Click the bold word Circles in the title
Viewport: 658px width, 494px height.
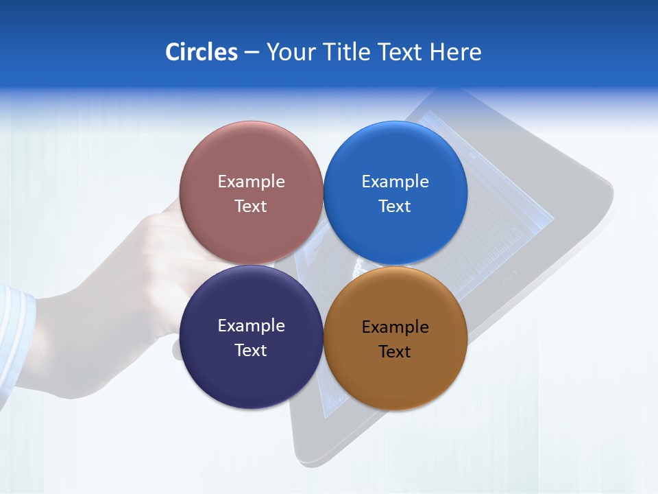(x=201, y=52)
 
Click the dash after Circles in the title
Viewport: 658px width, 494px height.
(x=252, y=53)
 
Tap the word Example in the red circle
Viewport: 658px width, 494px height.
(x=251, y=182)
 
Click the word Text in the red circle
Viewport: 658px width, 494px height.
(x=251, y=207)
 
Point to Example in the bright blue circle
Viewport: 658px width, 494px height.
(x=395, y=182)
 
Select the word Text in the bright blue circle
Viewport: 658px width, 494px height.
(x=395, y=207)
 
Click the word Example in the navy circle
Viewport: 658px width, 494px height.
(x=251, y=326)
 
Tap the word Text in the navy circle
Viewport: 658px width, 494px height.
(x=251, y=351)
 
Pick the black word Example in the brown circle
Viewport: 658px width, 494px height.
(x=395, y=327)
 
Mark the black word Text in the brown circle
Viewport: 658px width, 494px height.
(x=395, y=352)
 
